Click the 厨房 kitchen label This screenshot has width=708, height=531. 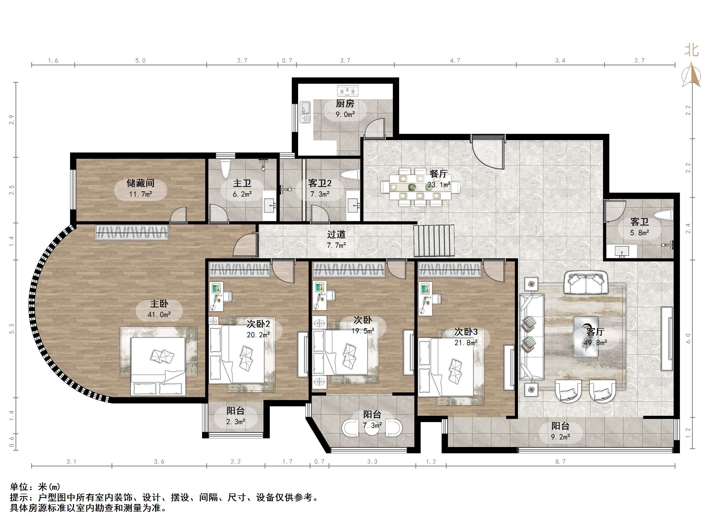coord(345,103)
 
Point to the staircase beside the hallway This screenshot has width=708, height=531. coord(434,241)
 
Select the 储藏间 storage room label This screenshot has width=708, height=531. coord(140,183)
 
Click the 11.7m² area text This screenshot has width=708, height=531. coord(140,194)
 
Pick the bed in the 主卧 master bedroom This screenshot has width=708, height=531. coord(158,366)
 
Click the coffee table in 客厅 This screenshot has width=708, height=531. coord(586,337)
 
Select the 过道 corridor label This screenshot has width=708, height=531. coord(336,234)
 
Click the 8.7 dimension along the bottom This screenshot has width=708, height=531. coord(561,461)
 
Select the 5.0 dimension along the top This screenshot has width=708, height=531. coord(140,60)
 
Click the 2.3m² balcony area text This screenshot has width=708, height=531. coord(236,422)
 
